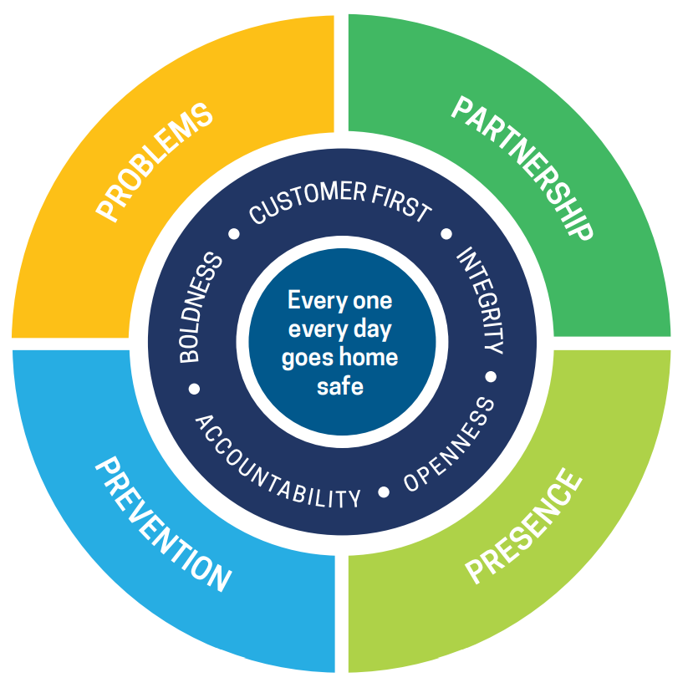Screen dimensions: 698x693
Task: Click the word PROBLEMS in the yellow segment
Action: point(155,162)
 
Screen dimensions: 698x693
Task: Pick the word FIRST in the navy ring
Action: point(402,201)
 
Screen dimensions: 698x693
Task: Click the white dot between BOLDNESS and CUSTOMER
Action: point(235,234)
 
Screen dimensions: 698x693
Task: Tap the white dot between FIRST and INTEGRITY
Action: point(446,235)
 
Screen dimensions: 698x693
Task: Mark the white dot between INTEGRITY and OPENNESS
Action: point(491,376)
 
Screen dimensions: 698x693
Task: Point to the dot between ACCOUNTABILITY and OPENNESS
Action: point(384,492)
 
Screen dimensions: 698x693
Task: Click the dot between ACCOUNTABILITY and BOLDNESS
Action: point(195,388)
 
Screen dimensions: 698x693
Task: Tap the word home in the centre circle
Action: point(374,358)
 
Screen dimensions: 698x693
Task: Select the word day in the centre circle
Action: point(371,329)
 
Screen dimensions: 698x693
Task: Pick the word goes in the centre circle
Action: point(307,359)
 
